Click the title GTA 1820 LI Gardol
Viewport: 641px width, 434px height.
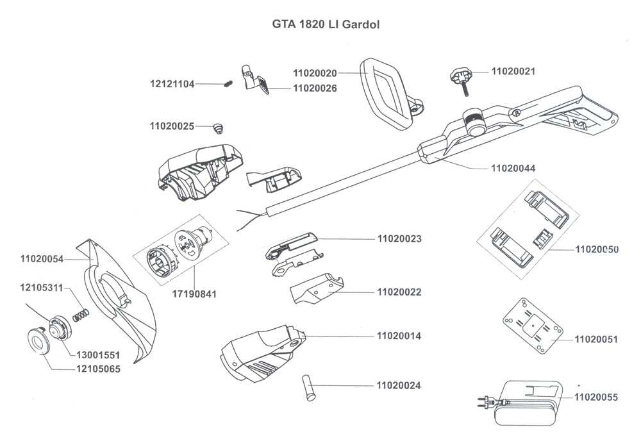(324, 28)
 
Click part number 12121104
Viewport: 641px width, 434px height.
(172, 84)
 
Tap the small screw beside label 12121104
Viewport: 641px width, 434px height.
(227, 84)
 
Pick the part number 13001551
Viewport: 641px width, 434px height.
(98, 355)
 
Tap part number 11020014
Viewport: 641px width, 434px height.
(399, 336)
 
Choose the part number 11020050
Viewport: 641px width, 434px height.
(596, 249)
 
